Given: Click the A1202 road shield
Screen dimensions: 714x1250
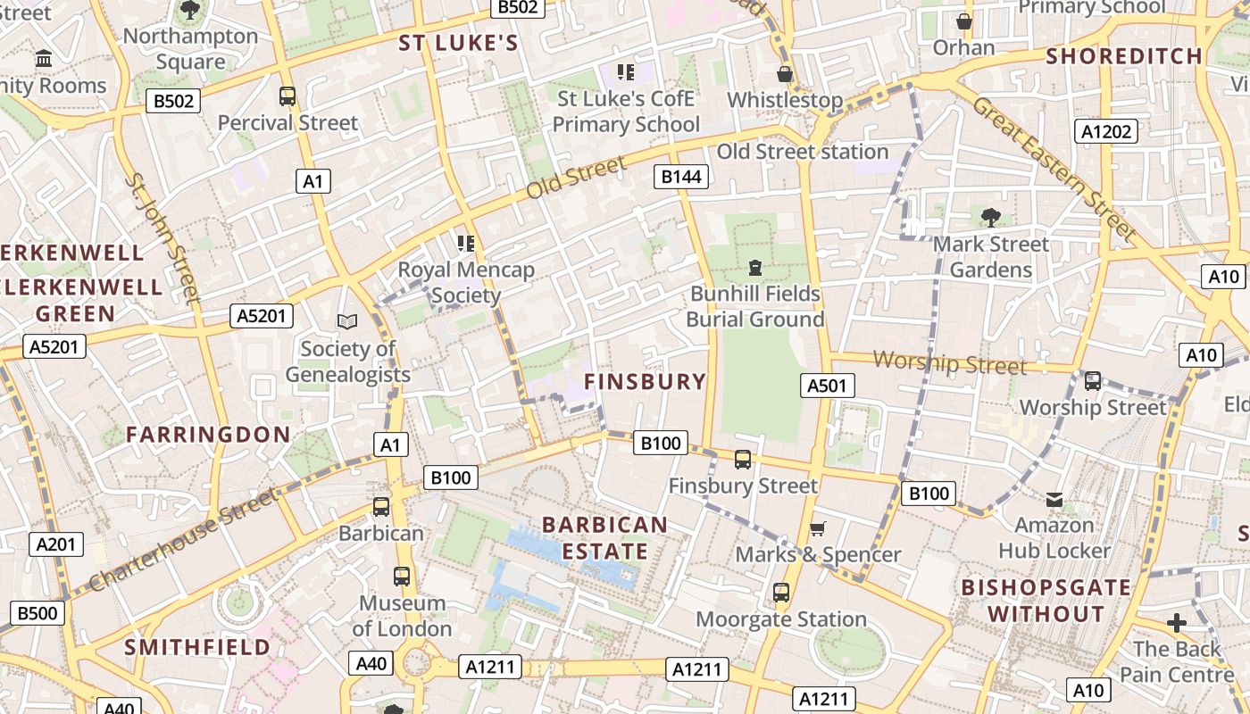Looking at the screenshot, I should [x=1106, y=132].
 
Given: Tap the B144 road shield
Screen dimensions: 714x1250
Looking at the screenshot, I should [x=681, y=177].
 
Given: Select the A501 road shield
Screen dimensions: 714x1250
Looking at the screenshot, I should [x=826, y=386].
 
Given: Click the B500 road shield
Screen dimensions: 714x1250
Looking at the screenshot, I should [x=37, y=613].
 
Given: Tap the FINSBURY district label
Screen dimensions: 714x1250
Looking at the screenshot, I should [x=645, y=382].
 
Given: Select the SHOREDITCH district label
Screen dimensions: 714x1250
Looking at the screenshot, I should [x=1124, y=55].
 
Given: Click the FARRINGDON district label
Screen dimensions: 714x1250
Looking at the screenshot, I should [x=208, y=435].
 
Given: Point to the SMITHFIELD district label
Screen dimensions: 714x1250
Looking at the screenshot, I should [x=197, y=646].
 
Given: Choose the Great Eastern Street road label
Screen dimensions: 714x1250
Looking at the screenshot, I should [x=1054, y=169].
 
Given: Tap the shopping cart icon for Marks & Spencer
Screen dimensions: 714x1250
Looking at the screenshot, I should [x=817, y=528].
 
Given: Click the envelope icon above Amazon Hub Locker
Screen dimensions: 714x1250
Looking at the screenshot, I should [x=1054, y=500].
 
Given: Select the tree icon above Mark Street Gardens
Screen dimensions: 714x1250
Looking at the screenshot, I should [x=990, y=217].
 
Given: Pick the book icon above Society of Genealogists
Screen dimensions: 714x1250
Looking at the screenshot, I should [x=346, y=321].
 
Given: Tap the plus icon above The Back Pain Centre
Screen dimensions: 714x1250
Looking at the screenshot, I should [x=1177, y=623].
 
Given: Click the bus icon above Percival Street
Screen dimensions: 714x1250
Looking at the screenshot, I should [x=287, y=96].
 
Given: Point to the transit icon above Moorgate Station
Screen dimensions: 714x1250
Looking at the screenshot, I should [x=781, y=593].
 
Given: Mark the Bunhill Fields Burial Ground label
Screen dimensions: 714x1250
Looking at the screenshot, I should [x=754, y=306].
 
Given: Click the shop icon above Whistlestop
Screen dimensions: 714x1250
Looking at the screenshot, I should [x=785, y=74].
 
